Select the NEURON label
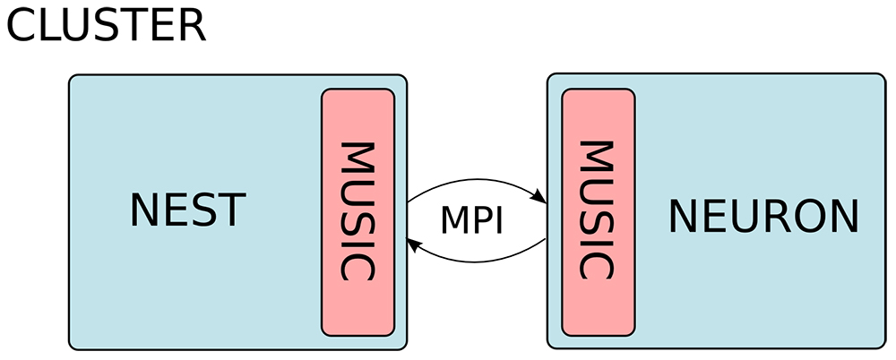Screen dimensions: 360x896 point(763,217)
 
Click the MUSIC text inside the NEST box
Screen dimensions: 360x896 point(358,210)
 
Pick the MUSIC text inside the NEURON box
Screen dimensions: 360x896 point(598,210)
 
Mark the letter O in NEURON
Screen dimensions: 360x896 point(805,217)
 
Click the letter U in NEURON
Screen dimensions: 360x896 point(734,217)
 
